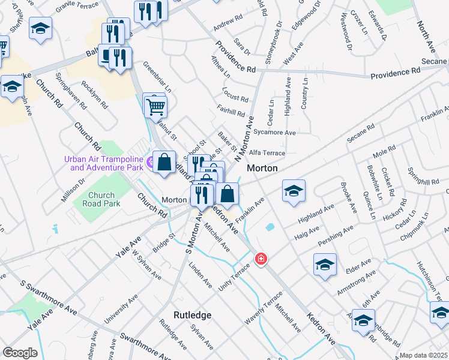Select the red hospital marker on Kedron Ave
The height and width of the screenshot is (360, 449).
click(x=261, y=259)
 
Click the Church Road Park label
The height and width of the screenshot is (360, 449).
click(x=101, y=199)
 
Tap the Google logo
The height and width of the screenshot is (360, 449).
click(x=20, y=353)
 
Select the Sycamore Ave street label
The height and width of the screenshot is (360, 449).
click(x=275, y=132)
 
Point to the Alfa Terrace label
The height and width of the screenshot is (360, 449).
click(x=267, y=153)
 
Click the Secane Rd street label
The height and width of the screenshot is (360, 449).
click(x=361, y=137)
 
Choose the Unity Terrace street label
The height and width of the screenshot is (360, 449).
click(x=234, y=277)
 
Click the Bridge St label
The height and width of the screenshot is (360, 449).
click(x=163, y=244)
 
